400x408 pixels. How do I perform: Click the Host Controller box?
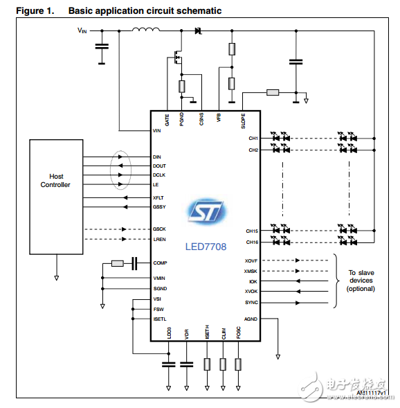(x=55, y=196)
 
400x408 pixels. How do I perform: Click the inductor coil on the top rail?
(x=146, y=30)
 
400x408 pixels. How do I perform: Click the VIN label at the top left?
(x=83, y=30)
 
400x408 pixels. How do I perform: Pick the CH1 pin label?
(x=253, y=139)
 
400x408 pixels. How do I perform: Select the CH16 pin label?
(x=252, y=242)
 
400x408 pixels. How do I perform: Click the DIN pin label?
(x=157, y=157)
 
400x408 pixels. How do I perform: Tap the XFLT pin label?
(x=158, y=198)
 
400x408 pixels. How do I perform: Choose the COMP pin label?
(x=160, y=263)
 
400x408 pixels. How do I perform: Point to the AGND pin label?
(x=251, y=319)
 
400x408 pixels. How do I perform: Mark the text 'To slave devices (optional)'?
(x=361, y=281)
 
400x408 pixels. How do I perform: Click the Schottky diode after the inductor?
(x=198, y=30)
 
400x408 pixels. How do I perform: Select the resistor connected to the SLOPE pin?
(x=272, y=92)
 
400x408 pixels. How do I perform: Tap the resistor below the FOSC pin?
(x=239, y=364)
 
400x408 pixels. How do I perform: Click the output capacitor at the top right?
(x=296, y=62)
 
